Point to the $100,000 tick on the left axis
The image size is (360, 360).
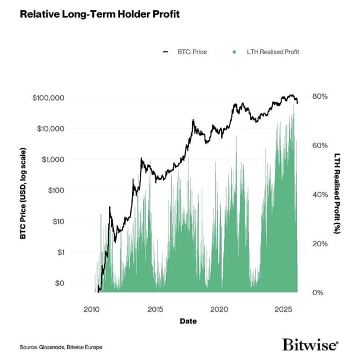49,97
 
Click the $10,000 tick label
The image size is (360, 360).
51,128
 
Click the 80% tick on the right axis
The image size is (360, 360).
320,96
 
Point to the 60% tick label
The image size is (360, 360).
320,145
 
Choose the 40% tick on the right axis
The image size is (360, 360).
320,195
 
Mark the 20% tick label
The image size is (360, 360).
320,243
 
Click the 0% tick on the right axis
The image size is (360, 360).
318,292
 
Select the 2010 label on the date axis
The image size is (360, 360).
92,309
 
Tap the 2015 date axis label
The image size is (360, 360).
155,309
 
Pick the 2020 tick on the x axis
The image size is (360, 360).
220,309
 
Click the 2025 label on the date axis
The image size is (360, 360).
283,309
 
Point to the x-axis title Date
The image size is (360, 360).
188,321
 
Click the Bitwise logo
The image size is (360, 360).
310,344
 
